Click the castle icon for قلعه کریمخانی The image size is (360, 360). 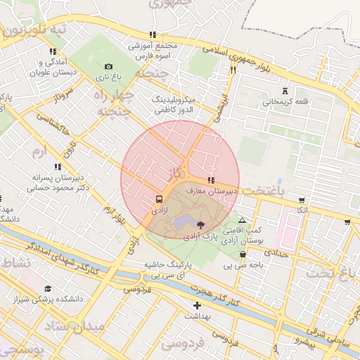[x=285, y=90]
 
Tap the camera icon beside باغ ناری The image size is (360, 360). [x=108, y=66]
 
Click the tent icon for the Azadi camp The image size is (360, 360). [x=243, y=220]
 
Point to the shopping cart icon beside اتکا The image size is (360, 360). [x=302, y=199]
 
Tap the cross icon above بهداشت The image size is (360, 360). [x=197, y=305]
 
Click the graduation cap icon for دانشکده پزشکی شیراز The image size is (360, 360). [x=48, y=288]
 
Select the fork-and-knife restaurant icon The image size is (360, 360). [x=233, y=70]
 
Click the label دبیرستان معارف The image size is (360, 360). [x=210, y=191]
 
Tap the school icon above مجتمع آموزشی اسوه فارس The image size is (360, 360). [x=153, y=34]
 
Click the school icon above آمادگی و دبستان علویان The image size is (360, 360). [x=53, y=51]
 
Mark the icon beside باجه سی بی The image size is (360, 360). [x=243, y=255]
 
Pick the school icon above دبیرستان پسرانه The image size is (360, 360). [x=58, y=167]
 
